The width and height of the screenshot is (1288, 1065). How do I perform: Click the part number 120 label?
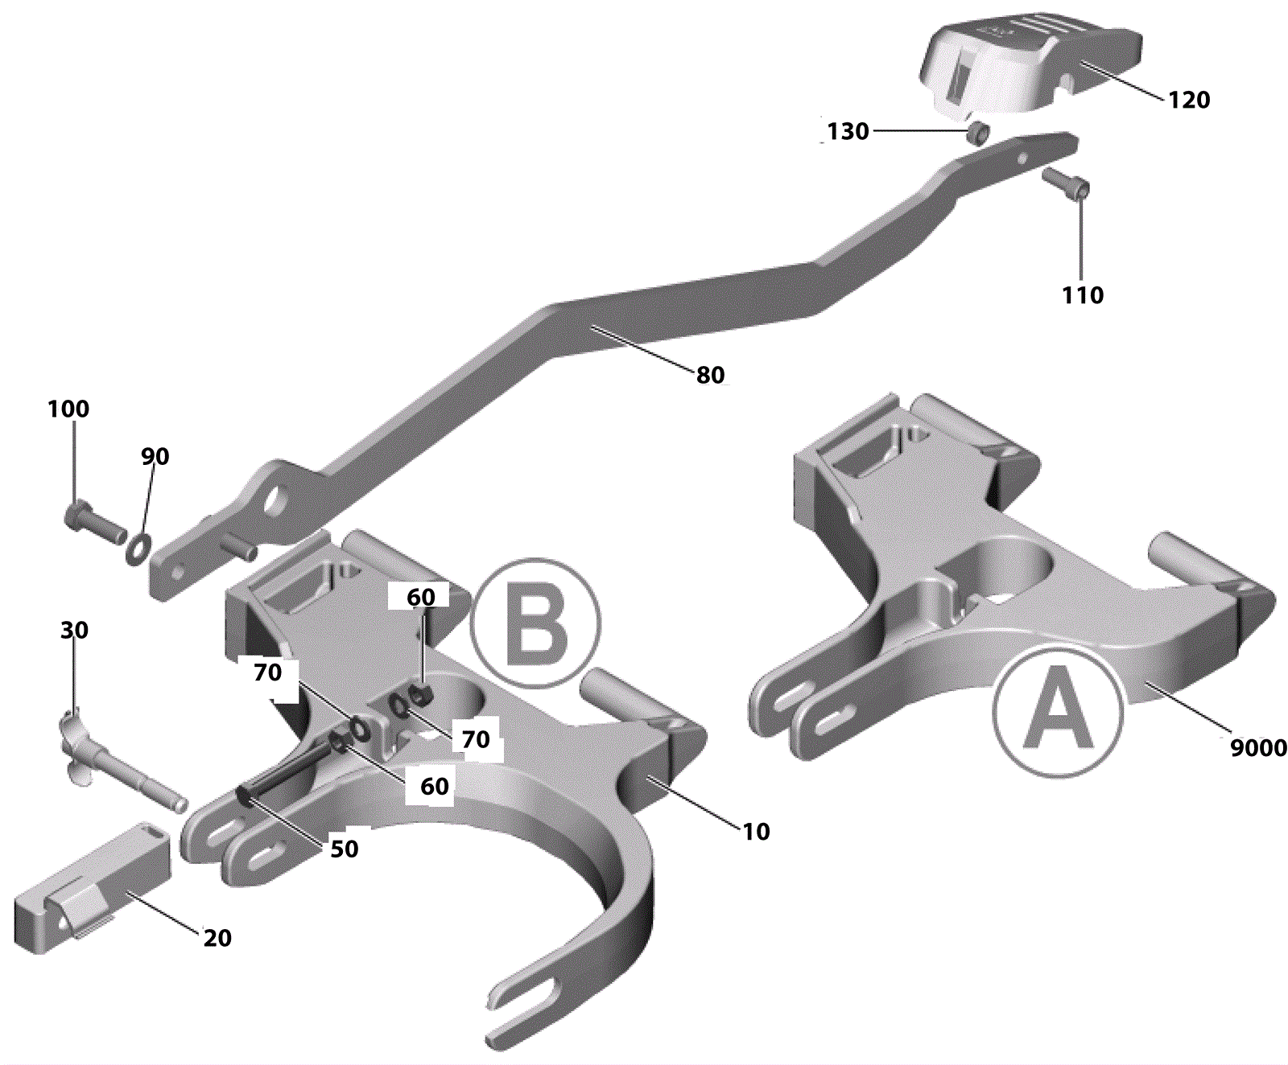(1188, 100)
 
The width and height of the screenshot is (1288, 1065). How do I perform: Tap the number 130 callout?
(848, 131)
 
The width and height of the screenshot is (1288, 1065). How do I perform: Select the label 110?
(1082, 295)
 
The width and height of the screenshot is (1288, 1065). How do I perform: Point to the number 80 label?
(710, 375)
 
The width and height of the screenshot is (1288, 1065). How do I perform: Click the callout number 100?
(68, 409)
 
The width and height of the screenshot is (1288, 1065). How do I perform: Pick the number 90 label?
(155, 457)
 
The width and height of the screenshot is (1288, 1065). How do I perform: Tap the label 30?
(74, 630)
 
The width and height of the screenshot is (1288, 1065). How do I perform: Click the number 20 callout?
(217, 938)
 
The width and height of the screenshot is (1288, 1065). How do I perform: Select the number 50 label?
(344, 849)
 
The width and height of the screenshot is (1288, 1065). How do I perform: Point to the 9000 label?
(1257, 748)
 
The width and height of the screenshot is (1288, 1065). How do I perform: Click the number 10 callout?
(755, 832)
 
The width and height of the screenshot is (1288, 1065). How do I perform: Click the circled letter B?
(535, 623)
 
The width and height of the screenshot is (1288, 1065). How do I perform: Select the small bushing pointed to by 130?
(978, 133)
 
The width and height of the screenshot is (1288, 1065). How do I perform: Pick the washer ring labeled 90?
(138, 548)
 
